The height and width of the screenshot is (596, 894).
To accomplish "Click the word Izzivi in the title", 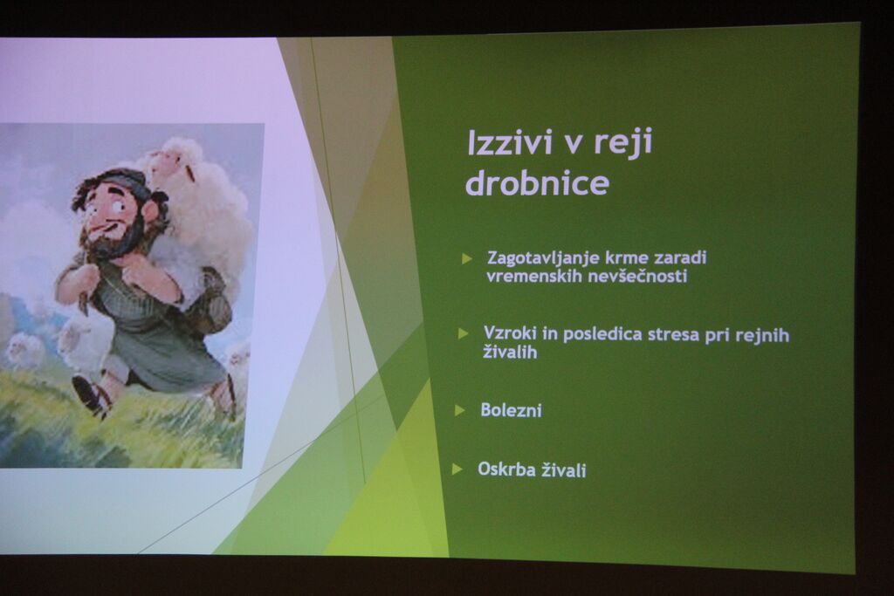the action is point(510,142).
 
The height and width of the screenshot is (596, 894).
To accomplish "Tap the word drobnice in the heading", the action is point(538,183).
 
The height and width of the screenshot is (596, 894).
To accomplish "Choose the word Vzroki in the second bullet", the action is point(510,332).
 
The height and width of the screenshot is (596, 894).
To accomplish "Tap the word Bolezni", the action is point(511,409).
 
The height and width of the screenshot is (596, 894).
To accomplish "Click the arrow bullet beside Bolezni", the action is point(459,410).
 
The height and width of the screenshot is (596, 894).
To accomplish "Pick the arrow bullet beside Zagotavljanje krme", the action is point(467,258).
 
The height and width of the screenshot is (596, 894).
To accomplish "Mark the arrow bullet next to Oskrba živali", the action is point(457,469).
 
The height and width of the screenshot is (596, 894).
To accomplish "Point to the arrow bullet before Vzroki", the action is point(463,333).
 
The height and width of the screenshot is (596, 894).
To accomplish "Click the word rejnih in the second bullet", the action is point(762,335).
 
